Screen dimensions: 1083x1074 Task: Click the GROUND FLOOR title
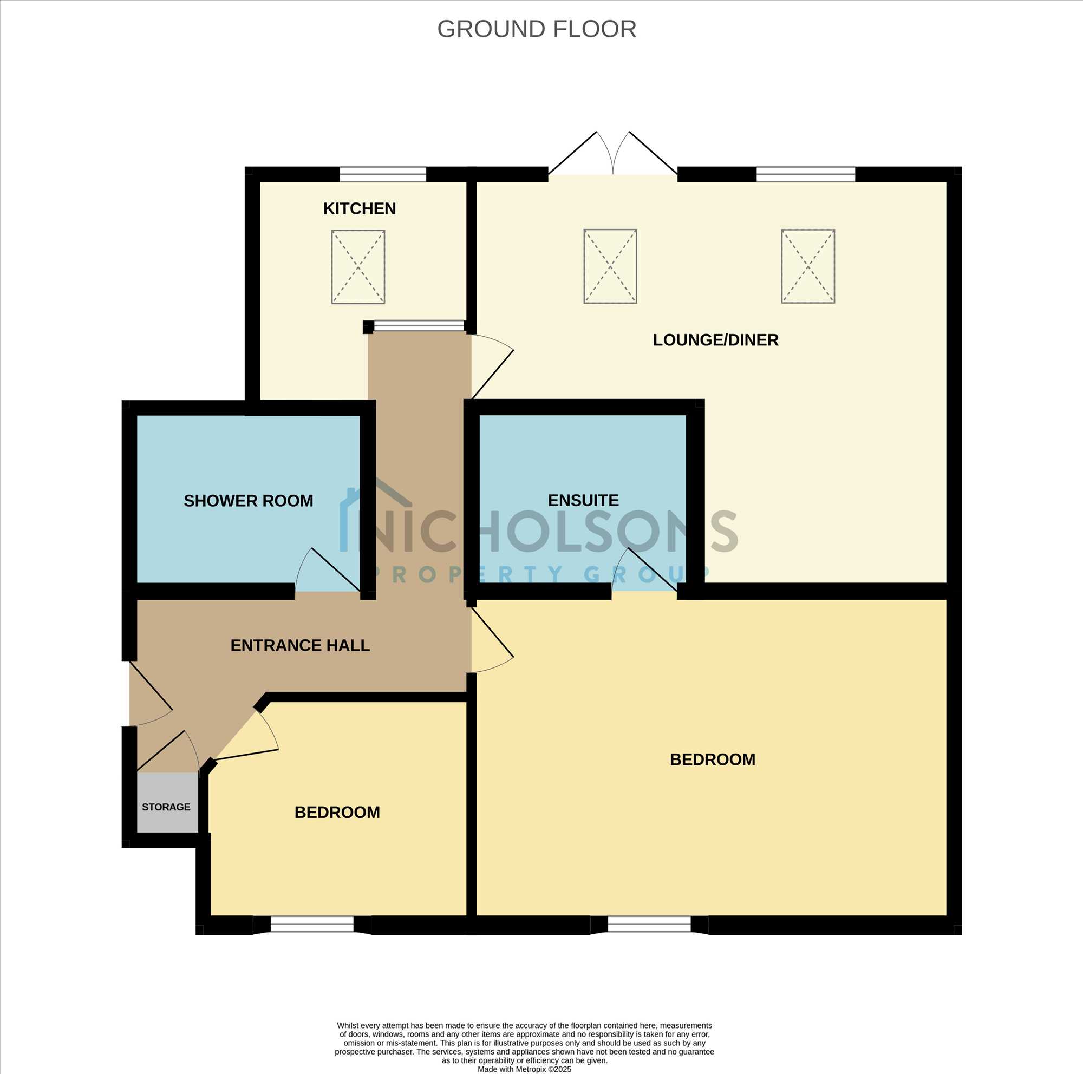tap(537, 29)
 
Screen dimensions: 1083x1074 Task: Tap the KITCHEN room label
tap(360, 208)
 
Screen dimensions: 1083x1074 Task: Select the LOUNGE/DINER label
tap(715, 340)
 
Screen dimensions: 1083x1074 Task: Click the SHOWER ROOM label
tap(249, 500)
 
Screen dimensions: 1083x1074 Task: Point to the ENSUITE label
tap(583, 500)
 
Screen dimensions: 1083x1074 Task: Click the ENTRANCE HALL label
tap(300, 645)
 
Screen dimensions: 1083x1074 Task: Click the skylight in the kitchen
tap(358, 267)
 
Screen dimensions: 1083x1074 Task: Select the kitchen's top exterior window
tap(383, 174)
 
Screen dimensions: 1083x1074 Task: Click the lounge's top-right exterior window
tap(806, 174)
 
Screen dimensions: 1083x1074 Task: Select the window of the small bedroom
tap(312, 925)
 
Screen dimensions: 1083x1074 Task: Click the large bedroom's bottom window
tap(649, 925)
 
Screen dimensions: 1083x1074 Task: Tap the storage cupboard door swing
tap(168, 751)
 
